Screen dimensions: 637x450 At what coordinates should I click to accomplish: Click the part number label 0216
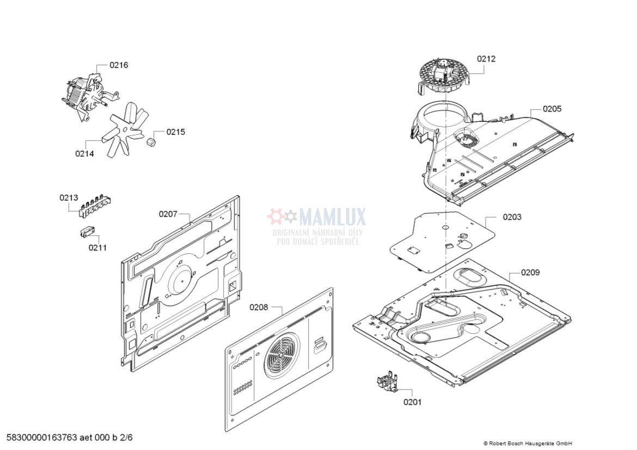(x=119, y=65)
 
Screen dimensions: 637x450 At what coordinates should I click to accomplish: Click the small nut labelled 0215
(x=151, y=142)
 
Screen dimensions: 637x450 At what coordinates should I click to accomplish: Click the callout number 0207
(x=168, y=214)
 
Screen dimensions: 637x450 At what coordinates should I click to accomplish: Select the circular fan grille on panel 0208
(x=281, y=355)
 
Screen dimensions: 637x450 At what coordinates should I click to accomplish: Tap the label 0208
(x=259, y=307)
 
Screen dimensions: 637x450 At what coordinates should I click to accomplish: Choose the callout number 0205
(x=552, y=109)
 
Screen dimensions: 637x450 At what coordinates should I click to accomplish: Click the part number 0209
(x=530, y=272)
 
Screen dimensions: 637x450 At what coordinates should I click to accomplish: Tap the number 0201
(x=412, y=402)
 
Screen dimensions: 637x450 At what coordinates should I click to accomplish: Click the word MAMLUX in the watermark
(x=332, y=217)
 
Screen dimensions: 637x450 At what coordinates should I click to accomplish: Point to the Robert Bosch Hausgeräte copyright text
(x=528, y=443)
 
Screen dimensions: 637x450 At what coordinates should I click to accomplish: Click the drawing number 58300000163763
(x=42, y=437)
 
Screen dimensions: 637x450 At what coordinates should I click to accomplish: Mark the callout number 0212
(x=486, y=59)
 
